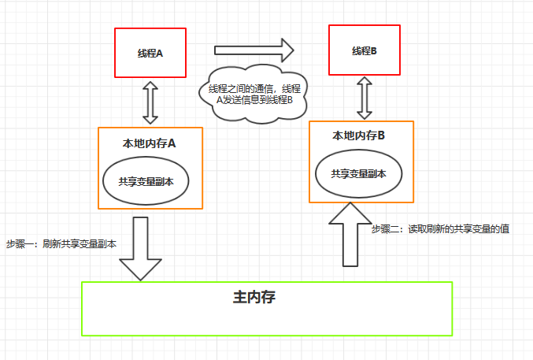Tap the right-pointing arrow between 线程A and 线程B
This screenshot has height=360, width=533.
(254, 52)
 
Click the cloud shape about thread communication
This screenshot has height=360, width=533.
(254, 94)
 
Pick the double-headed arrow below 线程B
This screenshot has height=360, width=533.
(364, 98)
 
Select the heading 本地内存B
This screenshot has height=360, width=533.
(360, 135)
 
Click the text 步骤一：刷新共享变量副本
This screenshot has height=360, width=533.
(61, 243)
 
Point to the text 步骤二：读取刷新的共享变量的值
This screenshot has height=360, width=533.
(439, 229)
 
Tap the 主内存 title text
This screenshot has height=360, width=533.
(254, 297)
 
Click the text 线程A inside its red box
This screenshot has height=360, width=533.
(150, 53)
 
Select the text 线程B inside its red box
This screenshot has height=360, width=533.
(364, 50)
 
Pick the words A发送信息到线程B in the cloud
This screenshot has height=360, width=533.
(254, 100)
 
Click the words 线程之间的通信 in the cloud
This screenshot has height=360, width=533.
(239, 87)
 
